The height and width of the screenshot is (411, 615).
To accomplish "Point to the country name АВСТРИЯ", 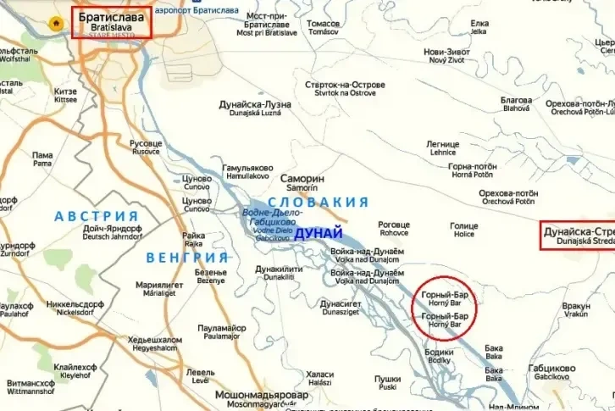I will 96,216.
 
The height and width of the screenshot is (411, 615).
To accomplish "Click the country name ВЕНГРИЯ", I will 187,257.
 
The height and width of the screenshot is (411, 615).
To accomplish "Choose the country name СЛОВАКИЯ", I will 319,202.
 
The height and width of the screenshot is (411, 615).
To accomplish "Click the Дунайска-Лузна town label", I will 255,105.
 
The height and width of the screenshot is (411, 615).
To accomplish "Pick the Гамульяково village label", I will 248,169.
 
